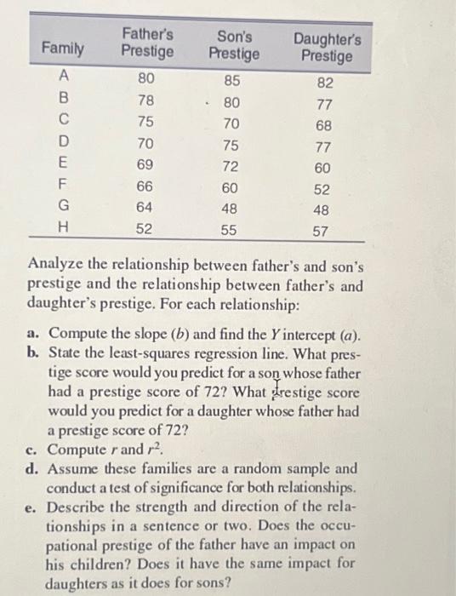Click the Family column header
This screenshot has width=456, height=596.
click(64, 49)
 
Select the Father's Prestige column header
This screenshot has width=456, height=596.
click(147, 43)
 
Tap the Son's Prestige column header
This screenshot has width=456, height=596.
click(232, 43)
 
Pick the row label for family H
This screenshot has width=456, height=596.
click(61, 228)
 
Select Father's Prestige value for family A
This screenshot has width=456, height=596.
click(146, 82)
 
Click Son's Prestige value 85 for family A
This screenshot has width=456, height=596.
click(232, 83)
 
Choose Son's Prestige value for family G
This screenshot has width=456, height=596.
click(231, 208)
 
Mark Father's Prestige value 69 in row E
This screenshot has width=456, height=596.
click(146, 164)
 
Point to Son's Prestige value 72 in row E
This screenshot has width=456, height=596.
click(231, 165)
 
